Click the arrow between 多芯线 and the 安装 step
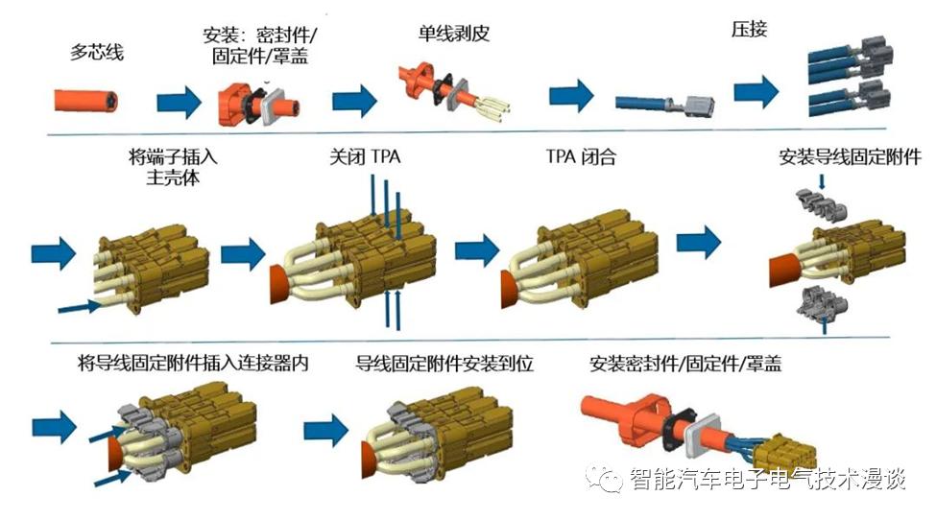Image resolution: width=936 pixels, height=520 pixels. [x=179, y=100]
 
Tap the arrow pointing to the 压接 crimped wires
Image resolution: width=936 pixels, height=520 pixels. [x=756, y=92]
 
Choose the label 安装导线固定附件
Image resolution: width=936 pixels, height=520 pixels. [x=850, y=156]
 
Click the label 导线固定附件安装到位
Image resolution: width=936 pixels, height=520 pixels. [x=444, y=364]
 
